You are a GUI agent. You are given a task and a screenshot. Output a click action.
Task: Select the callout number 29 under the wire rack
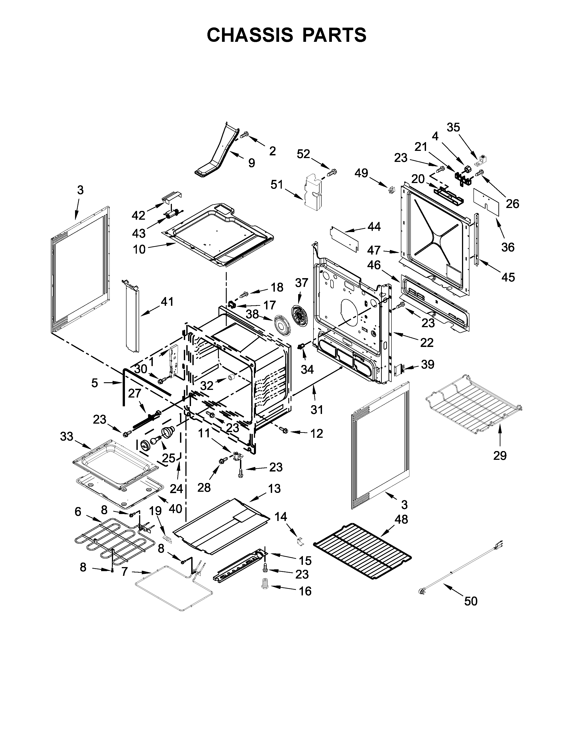click(500, 455)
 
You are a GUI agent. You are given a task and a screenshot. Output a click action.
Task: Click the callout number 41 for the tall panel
click(167, 301)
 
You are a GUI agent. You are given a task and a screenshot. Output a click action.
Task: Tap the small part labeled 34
click(301, 346)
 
